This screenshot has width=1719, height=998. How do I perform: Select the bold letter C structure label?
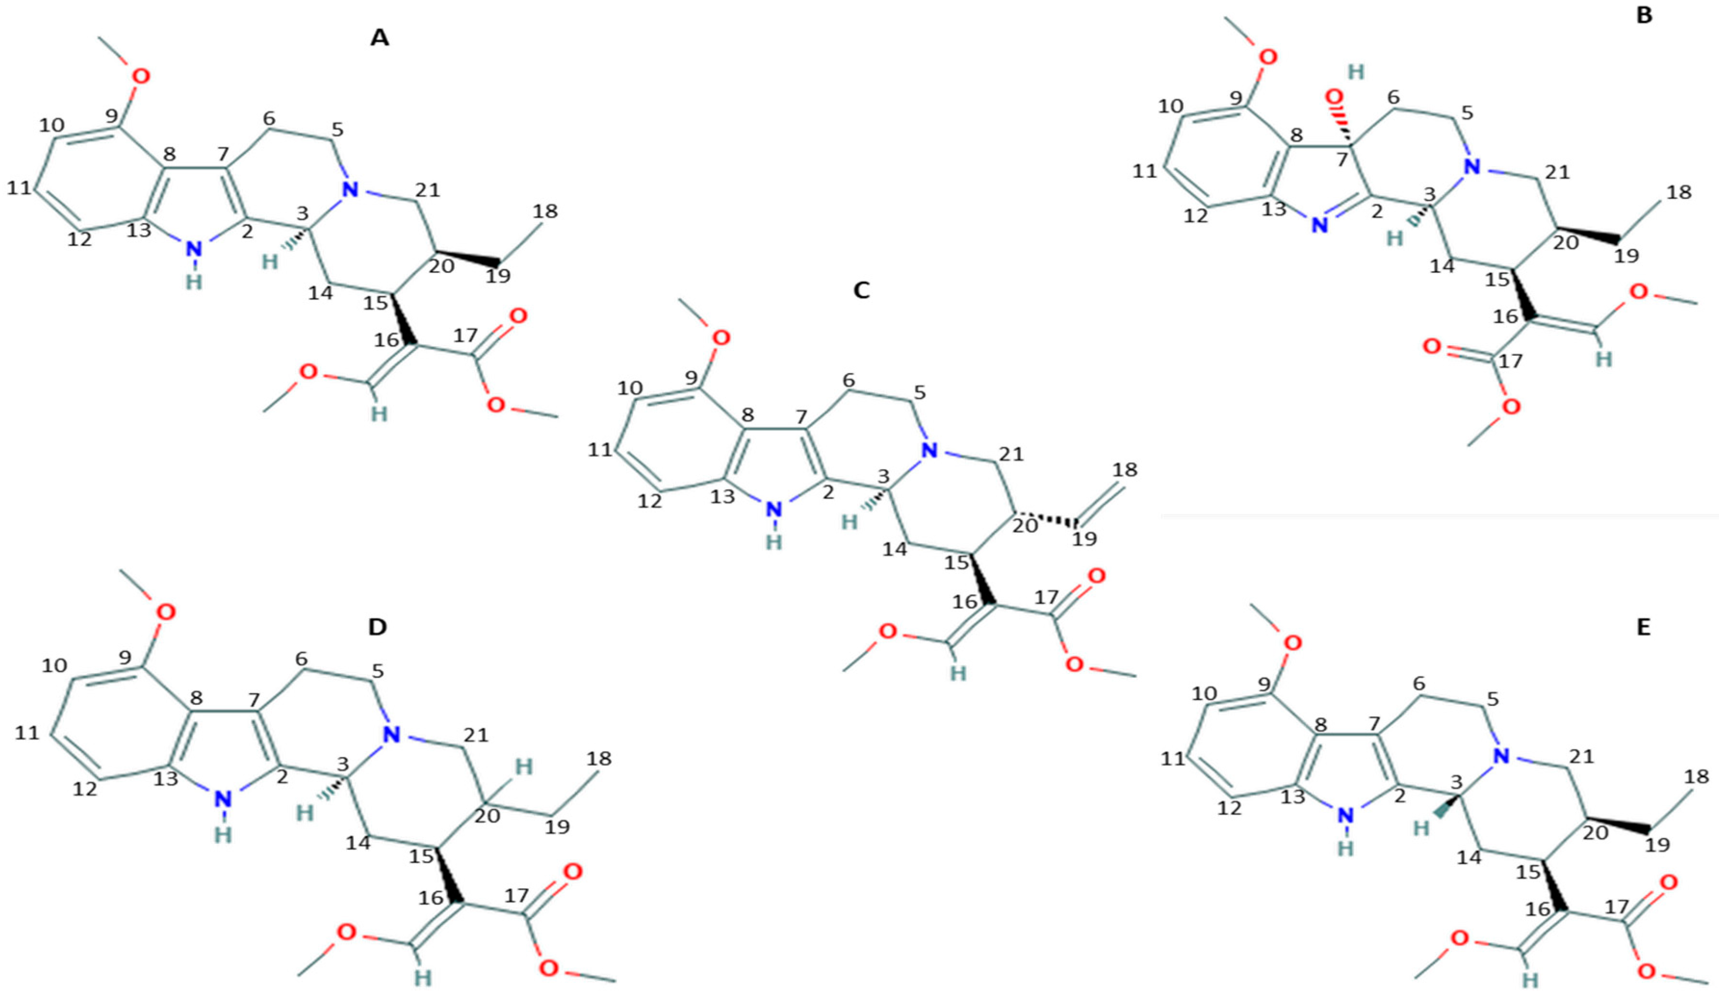(x=862, y=290)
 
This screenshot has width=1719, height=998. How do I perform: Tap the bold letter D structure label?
(x=377, y=627)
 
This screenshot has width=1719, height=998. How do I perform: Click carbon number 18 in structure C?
(x=1125, y=469)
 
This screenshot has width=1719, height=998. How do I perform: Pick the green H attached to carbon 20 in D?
(x=523, y=767)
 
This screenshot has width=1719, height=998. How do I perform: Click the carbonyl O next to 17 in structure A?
(x=518, y=316)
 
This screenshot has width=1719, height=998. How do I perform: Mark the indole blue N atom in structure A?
(x=195, y=250)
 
